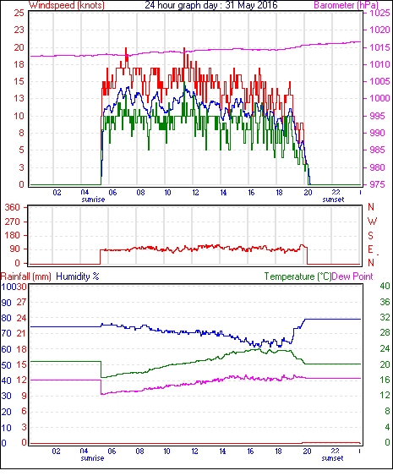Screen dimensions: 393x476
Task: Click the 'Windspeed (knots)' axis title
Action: coord(67,5)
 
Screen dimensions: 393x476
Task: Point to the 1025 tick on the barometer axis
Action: coord(379,13)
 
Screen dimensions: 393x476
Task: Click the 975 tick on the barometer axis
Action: coord(377,184)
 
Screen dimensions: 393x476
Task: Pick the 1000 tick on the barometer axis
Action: coord(379,98)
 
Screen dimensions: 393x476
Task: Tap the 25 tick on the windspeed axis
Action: coord(19,13)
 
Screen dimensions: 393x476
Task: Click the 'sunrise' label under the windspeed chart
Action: coord(94,200)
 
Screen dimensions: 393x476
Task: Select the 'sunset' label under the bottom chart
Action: coord(333,457)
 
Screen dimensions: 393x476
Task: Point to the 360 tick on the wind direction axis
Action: coord(13,208)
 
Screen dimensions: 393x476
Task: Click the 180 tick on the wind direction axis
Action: coord(13,235)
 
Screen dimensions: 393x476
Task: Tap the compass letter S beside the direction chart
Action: coord(371,235)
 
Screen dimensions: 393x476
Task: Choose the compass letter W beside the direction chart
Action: coord(372,222)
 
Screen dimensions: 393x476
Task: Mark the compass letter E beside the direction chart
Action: coord(370,249)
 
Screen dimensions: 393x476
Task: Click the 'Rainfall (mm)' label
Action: coord(26,276)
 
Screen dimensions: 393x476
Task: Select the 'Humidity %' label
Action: coord(78,276)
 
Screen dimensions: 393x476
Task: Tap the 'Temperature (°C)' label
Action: coord(297,276)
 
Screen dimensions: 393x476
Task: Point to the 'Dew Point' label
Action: coord(352,276)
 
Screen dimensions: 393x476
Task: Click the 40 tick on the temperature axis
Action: coord(385,286)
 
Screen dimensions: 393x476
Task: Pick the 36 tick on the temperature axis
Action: coord(385,302)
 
